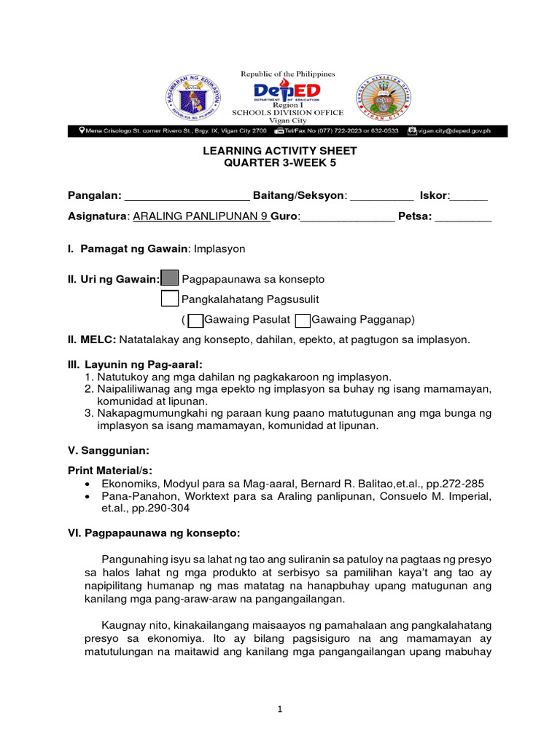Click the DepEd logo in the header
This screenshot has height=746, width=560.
tap(287, 91)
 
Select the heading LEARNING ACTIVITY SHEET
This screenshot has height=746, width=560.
tap(279, 151)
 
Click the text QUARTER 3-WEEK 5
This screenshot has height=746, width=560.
tap(279, 162)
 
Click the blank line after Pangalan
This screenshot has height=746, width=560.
tap(187, 196)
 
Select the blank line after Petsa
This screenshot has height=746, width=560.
tap(463, 216)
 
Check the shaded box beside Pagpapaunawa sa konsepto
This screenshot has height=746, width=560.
tap(169, 278)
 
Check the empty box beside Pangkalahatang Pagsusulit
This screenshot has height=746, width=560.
tap(169, 299)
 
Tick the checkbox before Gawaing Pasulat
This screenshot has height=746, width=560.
tap(195, 320)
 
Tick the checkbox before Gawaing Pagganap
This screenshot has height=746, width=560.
tap(303, 320)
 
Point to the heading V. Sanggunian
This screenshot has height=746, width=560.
tap(109, 449)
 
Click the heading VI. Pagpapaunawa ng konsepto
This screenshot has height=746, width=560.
tap(153, 533)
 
